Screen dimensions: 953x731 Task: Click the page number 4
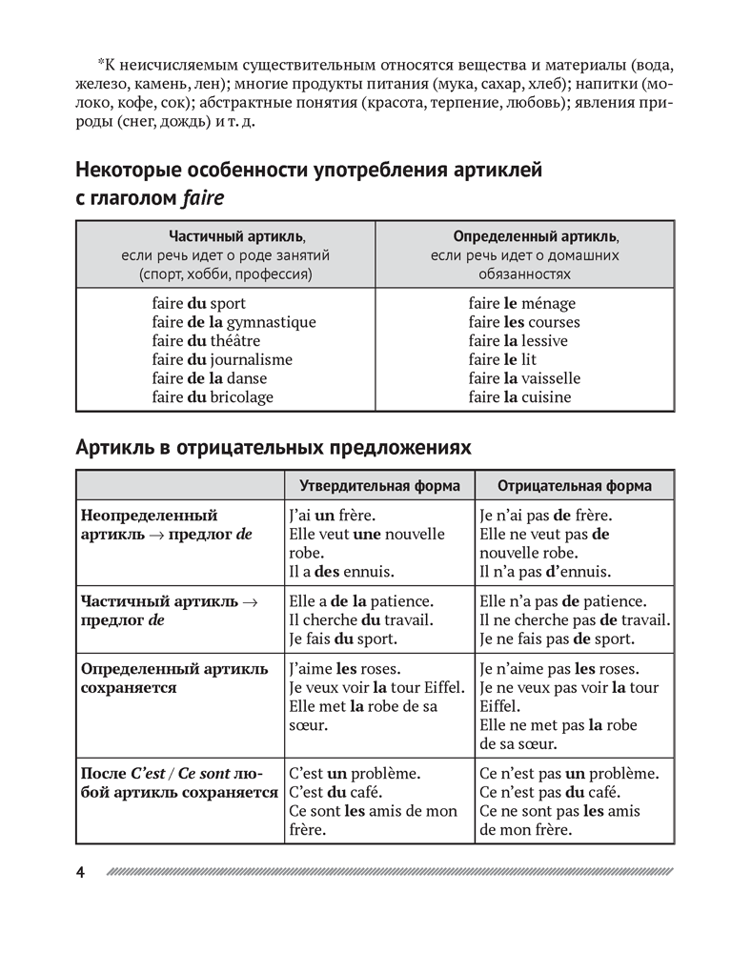click(81, 873)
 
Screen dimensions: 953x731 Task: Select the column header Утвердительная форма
click(379, 486)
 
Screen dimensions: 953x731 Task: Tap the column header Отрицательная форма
click(575, 486)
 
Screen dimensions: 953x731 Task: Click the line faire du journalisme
click(222, 359)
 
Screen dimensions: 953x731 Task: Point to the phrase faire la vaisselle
click(524, 378)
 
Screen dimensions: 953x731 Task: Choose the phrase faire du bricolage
click(212, 397)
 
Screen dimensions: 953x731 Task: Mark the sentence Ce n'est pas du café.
click(545, 792)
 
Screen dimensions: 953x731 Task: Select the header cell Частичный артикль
click(225, 236)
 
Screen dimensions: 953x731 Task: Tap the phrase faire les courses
click(524, 322)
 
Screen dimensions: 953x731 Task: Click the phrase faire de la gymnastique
click(234, 322)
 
